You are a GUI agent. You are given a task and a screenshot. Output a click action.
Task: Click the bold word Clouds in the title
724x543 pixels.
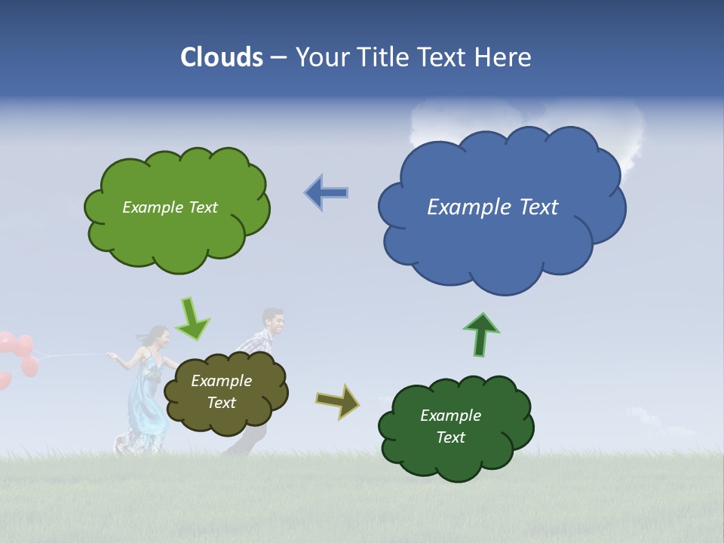pyautogui.click(x=222, y=57)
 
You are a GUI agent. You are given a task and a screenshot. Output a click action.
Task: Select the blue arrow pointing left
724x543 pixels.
pyautogui.click(x=326, y=192)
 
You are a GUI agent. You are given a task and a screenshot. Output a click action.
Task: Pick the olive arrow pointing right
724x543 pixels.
pyautogui.click(x=338, y=400)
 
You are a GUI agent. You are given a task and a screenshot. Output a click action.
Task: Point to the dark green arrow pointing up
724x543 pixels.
pyautogui.click(x=481, y=334)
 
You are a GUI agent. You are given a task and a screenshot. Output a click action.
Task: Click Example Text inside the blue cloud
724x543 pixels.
pyautogui.click(x=492, y=207)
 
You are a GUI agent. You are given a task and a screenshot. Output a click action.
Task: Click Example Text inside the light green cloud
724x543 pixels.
pyautogui.click(x=170, y=207)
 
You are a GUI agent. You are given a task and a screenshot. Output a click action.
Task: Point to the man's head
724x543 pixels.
pyautogui.click(x=273, y=322)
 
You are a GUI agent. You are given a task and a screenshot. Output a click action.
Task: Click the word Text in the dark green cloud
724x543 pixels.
pyautogui.click(x=451, y=437)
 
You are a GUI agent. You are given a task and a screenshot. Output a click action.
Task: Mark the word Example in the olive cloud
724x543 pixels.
pyautogui.click(x=221, y=381)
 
